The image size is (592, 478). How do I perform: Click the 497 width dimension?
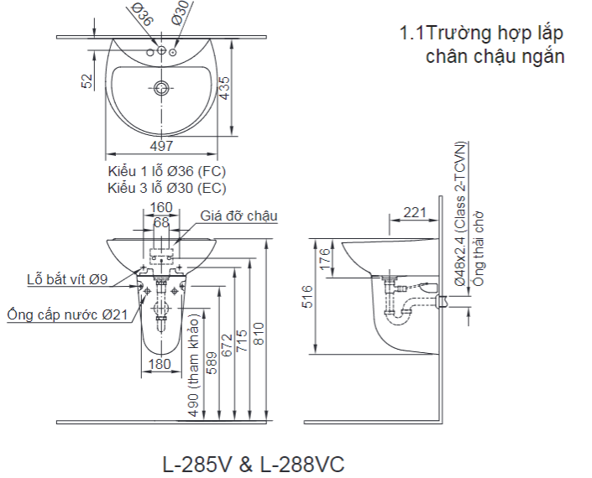click(x=161, y=146)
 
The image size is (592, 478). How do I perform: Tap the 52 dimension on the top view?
click(x=86, y=81)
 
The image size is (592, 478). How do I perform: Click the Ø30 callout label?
click(x=181, y=13)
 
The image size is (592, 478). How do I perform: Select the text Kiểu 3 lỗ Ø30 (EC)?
click(x=166, y=188)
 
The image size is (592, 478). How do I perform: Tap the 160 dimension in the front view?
click(x=160, y=207)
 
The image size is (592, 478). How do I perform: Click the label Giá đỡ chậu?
click(x=238, y=216)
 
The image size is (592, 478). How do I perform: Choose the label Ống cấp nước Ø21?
click(x=67, y=314)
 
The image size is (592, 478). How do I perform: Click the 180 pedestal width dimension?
click(x=160, y=364)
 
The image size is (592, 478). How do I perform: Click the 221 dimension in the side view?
click(x=413, y=212)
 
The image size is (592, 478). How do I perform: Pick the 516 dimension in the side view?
click(x=308, y=297)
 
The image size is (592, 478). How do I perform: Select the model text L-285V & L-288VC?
click(x=253, y=464)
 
